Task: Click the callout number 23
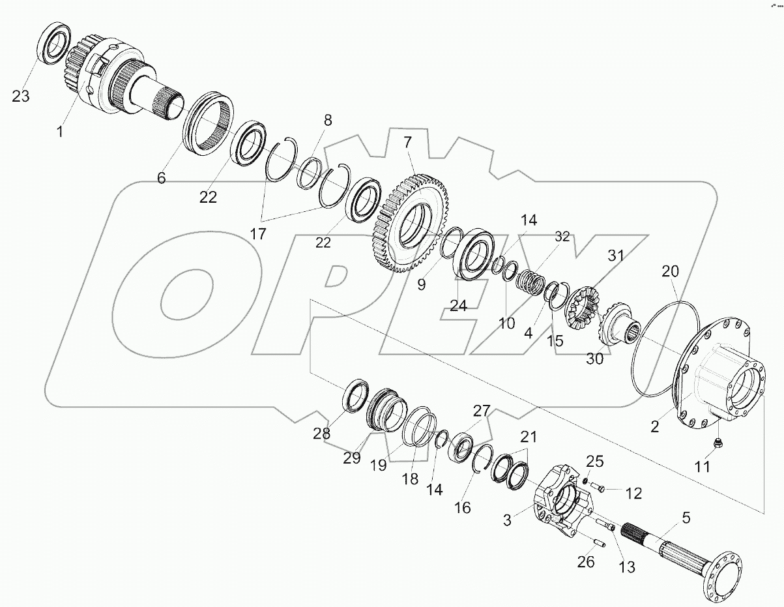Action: point(21,96)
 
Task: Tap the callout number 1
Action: point(60,132)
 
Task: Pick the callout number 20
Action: point(670,271)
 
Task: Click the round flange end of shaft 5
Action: point(725,580)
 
